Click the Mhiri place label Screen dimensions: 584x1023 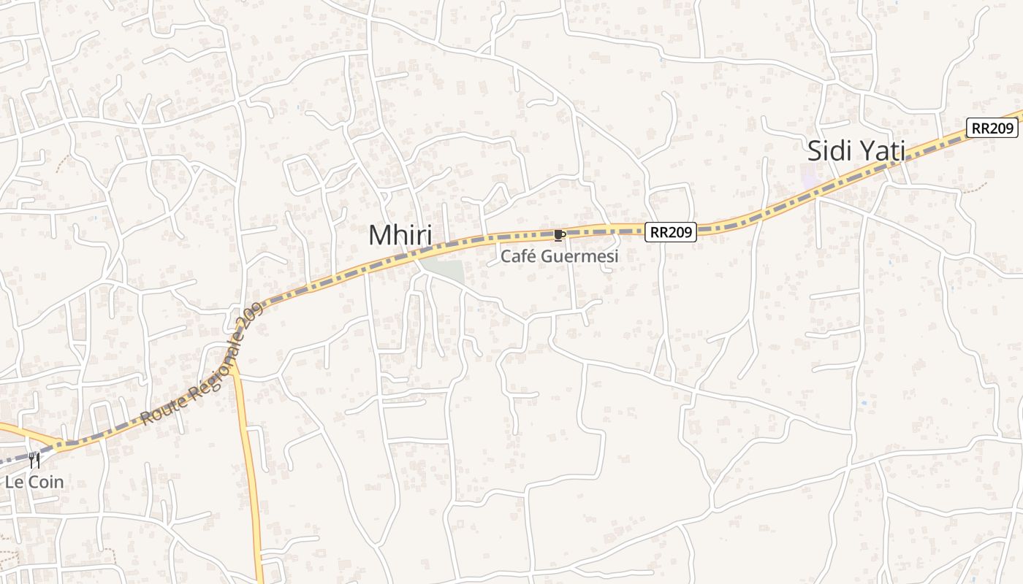click(x=400, y=236)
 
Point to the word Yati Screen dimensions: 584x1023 click(x=881, y=151)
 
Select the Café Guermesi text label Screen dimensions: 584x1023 click(x=560, y=256)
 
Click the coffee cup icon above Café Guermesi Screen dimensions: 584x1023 click(x=560, y=234)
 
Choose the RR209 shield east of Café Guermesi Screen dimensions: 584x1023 click(x=671, y=232)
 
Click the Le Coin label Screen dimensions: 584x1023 click(x=34, y=482)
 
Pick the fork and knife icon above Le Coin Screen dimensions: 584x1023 click(x=34, y=461)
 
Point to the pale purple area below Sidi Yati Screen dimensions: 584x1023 click(x=810, y=177)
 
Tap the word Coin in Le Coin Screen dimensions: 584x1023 click(x=45, y=482)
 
